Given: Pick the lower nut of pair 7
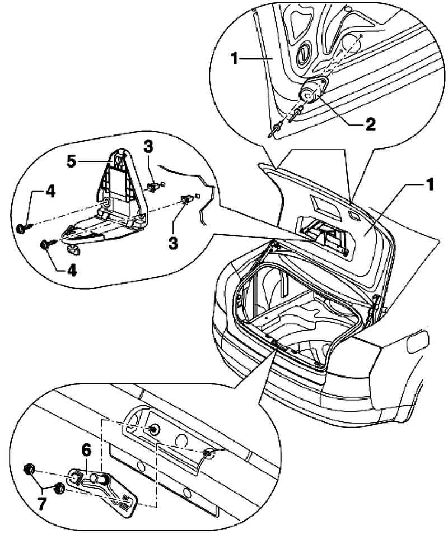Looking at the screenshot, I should coord(58,490).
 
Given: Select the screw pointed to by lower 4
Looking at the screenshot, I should coord(45,244).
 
